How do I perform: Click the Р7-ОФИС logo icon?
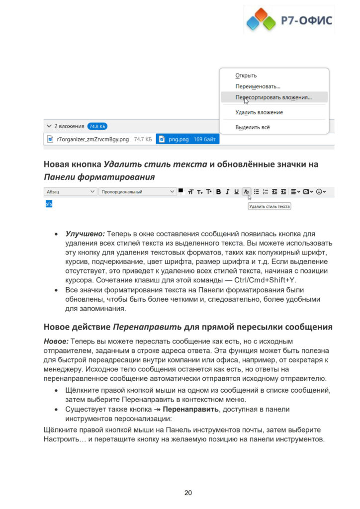262,20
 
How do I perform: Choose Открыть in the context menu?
246,76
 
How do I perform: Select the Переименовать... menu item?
258,86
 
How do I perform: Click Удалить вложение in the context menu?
259,112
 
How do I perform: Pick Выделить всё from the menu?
253,127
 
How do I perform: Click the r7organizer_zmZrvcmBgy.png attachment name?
93,140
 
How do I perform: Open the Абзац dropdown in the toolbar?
69,191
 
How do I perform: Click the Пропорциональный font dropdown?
137,191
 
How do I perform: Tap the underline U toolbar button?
236,191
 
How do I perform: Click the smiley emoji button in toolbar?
320,191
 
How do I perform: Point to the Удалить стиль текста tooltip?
269,206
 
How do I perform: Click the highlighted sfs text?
49,204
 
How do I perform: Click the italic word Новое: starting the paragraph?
56,341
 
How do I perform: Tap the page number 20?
188,493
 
